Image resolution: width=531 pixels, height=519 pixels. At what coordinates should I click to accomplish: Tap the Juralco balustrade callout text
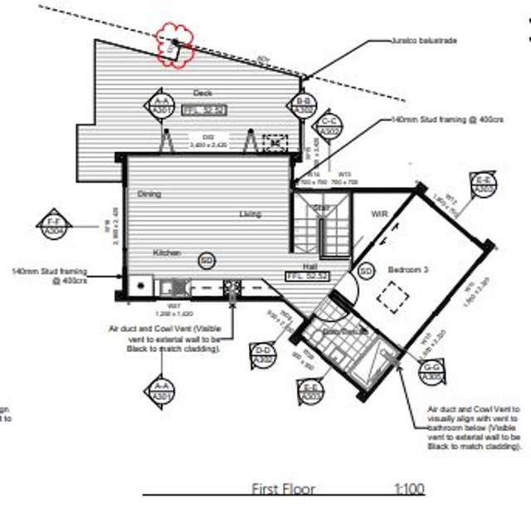[423, 39]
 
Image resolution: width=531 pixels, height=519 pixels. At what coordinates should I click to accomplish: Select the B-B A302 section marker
[304, 105]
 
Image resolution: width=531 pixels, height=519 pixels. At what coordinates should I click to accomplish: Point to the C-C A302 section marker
[329, 126]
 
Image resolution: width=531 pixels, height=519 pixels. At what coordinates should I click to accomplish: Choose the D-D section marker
[264, 355]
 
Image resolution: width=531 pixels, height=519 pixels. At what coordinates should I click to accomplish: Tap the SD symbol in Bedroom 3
[365, 272]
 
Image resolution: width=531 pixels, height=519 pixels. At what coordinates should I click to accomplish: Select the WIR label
[381, 213]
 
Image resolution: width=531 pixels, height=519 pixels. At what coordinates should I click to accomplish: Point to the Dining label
[149, 194]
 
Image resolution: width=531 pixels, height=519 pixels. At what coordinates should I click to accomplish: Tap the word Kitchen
[167, 252]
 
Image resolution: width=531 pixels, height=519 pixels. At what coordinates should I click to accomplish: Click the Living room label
[250, 214]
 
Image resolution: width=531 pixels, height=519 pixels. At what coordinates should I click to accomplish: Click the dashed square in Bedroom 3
[393, 296]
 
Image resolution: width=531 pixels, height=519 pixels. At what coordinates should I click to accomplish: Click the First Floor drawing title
[284, 489]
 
